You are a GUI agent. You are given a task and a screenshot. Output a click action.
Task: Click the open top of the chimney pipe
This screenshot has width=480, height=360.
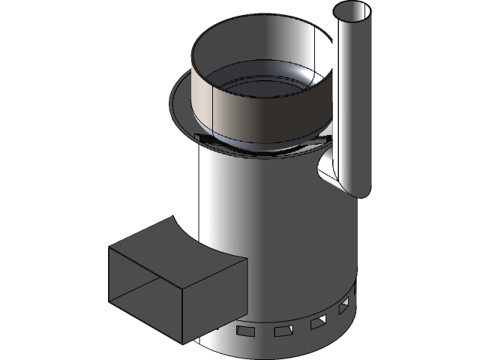pyautogui.click(x=352, y=13)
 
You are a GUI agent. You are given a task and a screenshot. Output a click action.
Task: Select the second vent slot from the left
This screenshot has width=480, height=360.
pyautogui.click(x=282, y=331)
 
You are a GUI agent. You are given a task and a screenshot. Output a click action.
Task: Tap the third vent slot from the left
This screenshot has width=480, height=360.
pyautogui.click(x=318, y=322)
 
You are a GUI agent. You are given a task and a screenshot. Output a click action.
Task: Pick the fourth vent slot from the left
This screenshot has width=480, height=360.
pyautogui.click(x=343, y=307)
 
